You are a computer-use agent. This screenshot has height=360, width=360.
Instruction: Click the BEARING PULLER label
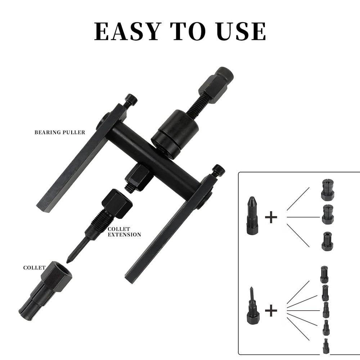(x=60, y=132)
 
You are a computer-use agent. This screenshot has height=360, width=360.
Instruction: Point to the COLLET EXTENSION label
(x=125, y=232)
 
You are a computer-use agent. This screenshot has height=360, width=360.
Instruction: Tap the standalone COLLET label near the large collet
(x=34, y=267)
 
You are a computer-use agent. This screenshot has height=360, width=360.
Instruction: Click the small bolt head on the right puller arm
(x=219, y=170)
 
